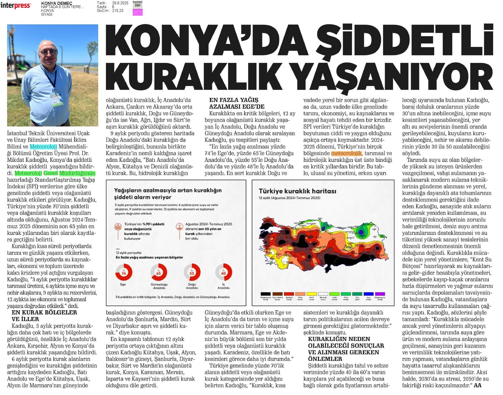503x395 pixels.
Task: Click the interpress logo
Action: (x=16, y=5)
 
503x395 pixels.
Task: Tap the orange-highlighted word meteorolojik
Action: (x=346, y=153)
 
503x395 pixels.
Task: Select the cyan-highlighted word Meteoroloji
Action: (x=43, y=147)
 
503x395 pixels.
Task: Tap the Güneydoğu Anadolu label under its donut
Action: (x=159, y=286)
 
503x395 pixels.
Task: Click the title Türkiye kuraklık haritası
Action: (x=297, y=191)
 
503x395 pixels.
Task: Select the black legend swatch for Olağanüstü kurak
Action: (x=266, y=294)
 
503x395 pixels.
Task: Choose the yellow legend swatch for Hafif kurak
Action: (x=311, y=294)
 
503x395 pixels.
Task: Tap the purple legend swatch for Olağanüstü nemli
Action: (x=380, y=294)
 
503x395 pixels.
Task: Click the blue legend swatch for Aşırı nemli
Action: (x=368, y=294)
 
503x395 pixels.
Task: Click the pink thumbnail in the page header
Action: (x=138, y=12)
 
